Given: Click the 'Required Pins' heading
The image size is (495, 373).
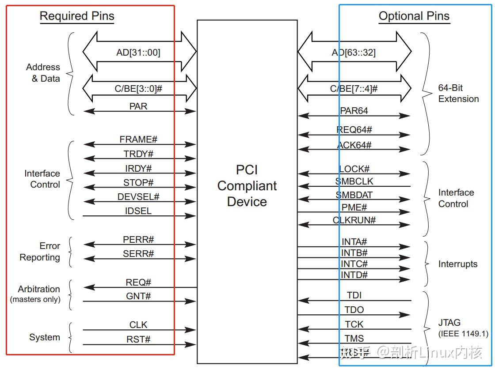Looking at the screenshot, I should pyautogui.click(x=77, y=17).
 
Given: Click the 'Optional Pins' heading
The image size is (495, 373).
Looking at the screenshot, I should pyautogui.click(x=414, y=17).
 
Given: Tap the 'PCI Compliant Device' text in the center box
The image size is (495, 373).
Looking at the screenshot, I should pyautogui.click(x=247, y=186).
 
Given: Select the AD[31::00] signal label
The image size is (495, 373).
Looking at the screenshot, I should pyautogui.click(x=138, y=53).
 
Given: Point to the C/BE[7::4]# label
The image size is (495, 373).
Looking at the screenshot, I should pyautogui.click(x=354, y=89).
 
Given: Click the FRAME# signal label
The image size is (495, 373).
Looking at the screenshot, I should pyautogui.click(x=138, y=139).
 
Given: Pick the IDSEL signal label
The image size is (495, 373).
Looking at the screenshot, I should pyautogui.click(x=138, y=211).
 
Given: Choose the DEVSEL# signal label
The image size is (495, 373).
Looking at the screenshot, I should pyautogui.click(x=138, y=197).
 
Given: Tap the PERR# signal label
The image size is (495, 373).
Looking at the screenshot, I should pyautogui.click(x=138, y=240).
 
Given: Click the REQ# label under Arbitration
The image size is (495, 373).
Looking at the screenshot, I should pyautogui.click(x=138, y=283).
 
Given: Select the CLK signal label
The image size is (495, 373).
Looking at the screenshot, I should pyautogui.click(x=138, y=325).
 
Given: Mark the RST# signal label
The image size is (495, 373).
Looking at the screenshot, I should pyautogui.click(x=138, y=339).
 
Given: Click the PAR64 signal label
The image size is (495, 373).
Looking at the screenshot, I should pyautogui.click(x=354, y=111).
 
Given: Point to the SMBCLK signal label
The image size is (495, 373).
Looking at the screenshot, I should pyautogui.click(x=354, y=181).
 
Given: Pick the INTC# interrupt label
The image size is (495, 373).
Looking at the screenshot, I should pyautogui.click(x=354, y=264).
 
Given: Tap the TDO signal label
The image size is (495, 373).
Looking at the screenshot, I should pyautogui.click(x=354, y=310).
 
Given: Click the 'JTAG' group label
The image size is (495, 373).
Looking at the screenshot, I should pyautogui.click(x=449, y=323).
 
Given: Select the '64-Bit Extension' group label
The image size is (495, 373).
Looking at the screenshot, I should pyautogui.click(x=458, y=94).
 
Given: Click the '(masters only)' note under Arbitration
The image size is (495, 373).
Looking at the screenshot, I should pyautogui.click(x=35, y=300).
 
